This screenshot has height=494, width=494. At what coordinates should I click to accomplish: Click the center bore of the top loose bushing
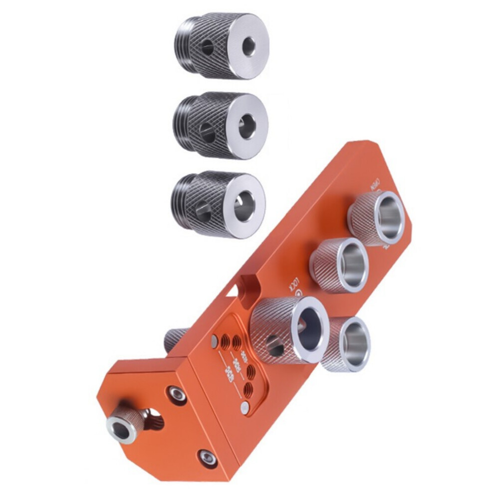pyautogui.click(x=248, y=46)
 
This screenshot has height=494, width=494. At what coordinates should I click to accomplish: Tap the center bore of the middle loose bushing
pyautogui.click(x=246, y=127)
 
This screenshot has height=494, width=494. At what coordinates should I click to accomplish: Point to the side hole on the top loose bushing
pyautogui.click(x=208, y=48)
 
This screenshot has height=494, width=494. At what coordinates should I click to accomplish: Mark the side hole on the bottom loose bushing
pyautogui.click(x=204, y=211)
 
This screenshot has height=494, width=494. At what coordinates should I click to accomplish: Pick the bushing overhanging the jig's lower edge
pyautogui.click(x=347, y=344)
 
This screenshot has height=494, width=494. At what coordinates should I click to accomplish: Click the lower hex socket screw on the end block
pyautogui.click(x=207, y=457)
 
